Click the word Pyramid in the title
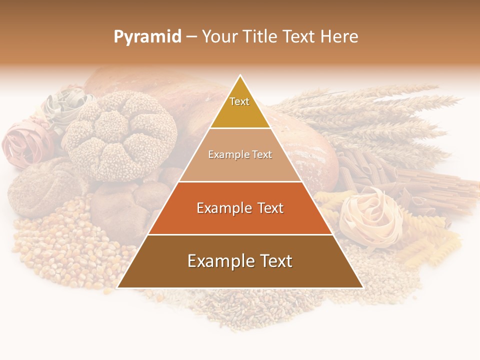point(147,37)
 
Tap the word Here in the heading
point(339,37)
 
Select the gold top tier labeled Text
point(240,107)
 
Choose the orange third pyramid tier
point(240,208)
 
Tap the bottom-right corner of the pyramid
point(362,287)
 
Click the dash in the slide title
point(191,37)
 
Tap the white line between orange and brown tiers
point(240,234)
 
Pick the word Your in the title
point(220,37)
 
